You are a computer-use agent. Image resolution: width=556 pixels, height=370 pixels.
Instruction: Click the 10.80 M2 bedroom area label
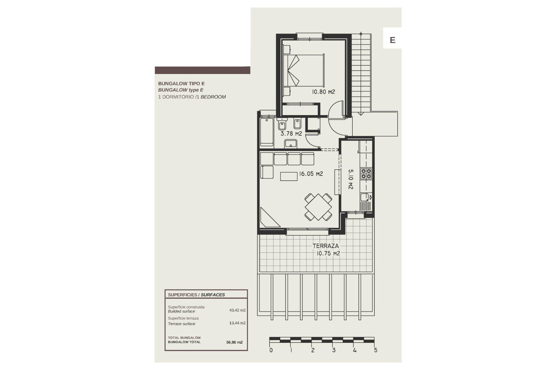[323, 92]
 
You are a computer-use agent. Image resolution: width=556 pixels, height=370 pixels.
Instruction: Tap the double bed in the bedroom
[304, 70]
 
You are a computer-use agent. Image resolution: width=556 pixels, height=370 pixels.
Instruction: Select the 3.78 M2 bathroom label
[291, 134]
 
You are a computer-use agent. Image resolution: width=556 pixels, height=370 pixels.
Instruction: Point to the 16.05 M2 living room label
[311, 174]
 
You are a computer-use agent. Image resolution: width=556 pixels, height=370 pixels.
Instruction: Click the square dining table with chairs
[318, 207]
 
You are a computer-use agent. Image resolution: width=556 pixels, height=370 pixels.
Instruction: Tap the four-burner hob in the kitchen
[366, 173]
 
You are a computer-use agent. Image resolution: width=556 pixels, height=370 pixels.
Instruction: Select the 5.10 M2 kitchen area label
[350, 179]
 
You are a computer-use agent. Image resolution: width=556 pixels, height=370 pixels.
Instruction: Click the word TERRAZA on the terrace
[325, 246]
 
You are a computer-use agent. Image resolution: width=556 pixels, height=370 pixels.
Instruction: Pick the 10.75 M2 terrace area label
[328, 254]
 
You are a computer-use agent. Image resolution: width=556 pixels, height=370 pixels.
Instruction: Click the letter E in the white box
[392, 40]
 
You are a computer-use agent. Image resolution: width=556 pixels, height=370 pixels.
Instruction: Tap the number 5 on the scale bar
[376, 350]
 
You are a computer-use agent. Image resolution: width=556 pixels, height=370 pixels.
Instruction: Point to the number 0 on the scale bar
[271, 350]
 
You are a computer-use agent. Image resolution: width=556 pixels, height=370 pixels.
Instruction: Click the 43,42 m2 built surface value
[237, 310]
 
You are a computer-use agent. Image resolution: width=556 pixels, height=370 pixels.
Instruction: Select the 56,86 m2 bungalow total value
[234, 342]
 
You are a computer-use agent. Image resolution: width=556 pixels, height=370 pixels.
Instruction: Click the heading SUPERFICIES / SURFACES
[196, 295]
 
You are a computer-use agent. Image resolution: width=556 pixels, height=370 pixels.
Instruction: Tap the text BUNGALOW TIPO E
[181, 84]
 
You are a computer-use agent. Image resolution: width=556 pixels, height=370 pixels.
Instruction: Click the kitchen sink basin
[364, 197]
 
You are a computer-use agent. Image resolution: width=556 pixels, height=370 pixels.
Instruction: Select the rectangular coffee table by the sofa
[289, 176]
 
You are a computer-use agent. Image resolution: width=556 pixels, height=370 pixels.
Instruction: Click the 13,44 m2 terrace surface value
[237, 323]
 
